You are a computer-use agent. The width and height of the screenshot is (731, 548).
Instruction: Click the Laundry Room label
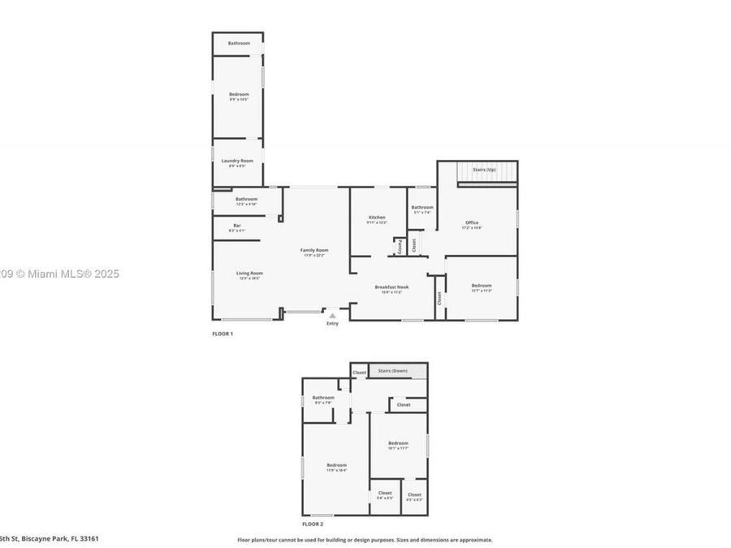pyautogui.click(x=237, y=161)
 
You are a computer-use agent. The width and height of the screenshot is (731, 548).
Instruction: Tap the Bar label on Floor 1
pyautogui.click(x=237, y=225)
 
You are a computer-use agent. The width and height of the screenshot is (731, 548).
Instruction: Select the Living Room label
pyautogui.click(x=249, y=274)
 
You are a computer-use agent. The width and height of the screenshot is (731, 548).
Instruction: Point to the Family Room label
pyautogui.click(x=314, y=250)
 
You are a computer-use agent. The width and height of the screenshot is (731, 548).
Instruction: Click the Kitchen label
pyautogui.click(x=377, y=218)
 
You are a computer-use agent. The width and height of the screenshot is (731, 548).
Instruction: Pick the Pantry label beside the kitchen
pyautogui.click(x=400, y=247)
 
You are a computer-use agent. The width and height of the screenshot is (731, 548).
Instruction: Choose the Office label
pyautogui.click(x=472, y=222)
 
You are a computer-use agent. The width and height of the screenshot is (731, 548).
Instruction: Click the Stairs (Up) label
pyautogui.click(x=485, y=169)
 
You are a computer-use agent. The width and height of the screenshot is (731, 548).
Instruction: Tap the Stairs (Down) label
pyautogui.click(x=393, y=371)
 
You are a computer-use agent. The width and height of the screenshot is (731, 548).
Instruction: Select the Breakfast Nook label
pyautogui.click(x=391, y=287)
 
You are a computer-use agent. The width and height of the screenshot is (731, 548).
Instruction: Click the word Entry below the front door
pyautogui.click(x=332, y=324)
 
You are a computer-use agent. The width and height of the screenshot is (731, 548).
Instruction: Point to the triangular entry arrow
pyautogui.click(x=331, y=316)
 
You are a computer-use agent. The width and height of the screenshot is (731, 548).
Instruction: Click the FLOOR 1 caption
pyautogui.click(x=222, y=334)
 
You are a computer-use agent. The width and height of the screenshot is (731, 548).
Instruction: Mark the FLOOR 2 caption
pyautogui.click(x=312, y=525)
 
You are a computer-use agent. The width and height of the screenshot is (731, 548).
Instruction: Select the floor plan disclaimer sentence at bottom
pyautogui.click(x=364, y=539)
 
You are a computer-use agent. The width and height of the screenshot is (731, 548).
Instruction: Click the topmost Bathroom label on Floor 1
pyautogui.click(x=239, y=43)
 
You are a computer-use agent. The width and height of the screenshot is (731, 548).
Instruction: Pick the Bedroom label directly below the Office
pyautogui.click(x=482, y=285)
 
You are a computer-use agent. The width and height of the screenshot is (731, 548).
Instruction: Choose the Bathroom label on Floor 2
pyautogui.click(x=323, y=398)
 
